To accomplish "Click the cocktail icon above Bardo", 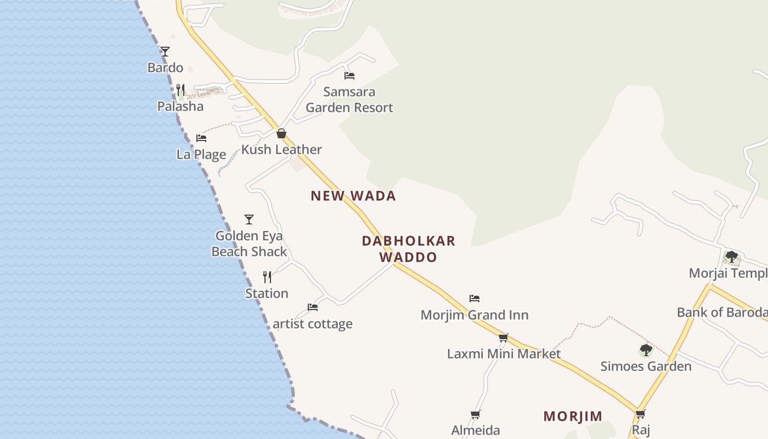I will pos(165,52).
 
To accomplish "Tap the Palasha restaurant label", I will pos(180,106).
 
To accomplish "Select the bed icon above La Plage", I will pos(201,138).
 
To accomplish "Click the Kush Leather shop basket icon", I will pos(281,133).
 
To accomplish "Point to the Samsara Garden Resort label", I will pos(349,99).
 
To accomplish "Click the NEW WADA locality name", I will pos(353,196).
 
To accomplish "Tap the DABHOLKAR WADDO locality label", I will pos(409,249).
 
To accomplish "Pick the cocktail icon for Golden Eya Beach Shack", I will pos(249,219).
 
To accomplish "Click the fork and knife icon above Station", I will pos(267,277).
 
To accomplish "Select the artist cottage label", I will pos(313,324).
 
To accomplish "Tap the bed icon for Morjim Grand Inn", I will pos(475,299).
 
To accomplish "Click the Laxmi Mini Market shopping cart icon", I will pos(504,337).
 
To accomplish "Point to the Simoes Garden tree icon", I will pos(646,350).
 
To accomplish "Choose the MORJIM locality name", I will pos(573,417).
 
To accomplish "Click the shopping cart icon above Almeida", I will pos(476,414).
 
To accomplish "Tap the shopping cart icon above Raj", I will pos(641,414).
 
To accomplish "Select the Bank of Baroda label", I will pos(722,312).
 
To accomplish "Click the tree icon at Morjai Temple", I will pos(731,257).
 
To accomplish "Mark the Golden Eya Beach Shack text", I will pos(249,244).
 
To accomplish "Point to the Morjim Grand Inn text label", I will pos(475,315).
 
